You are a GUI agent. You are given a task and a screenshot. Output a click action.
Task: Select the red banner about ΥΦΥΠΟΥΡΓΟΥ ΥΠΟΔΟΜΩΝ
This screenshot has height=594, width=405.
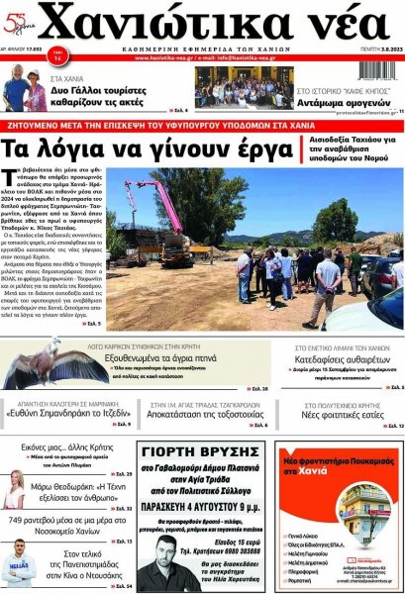coord(203,127)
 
